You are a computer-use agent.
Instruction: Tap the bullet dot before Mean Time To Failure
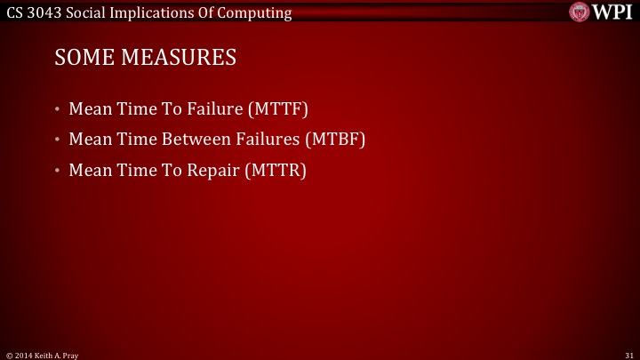(57, 111)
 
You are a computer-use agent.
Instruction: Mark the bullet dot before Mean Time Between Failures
(57, 141)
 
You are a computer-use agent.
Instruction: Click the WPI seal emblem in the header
(580, 11)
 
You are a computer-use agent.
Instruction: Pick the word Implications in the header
(157, 11)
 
